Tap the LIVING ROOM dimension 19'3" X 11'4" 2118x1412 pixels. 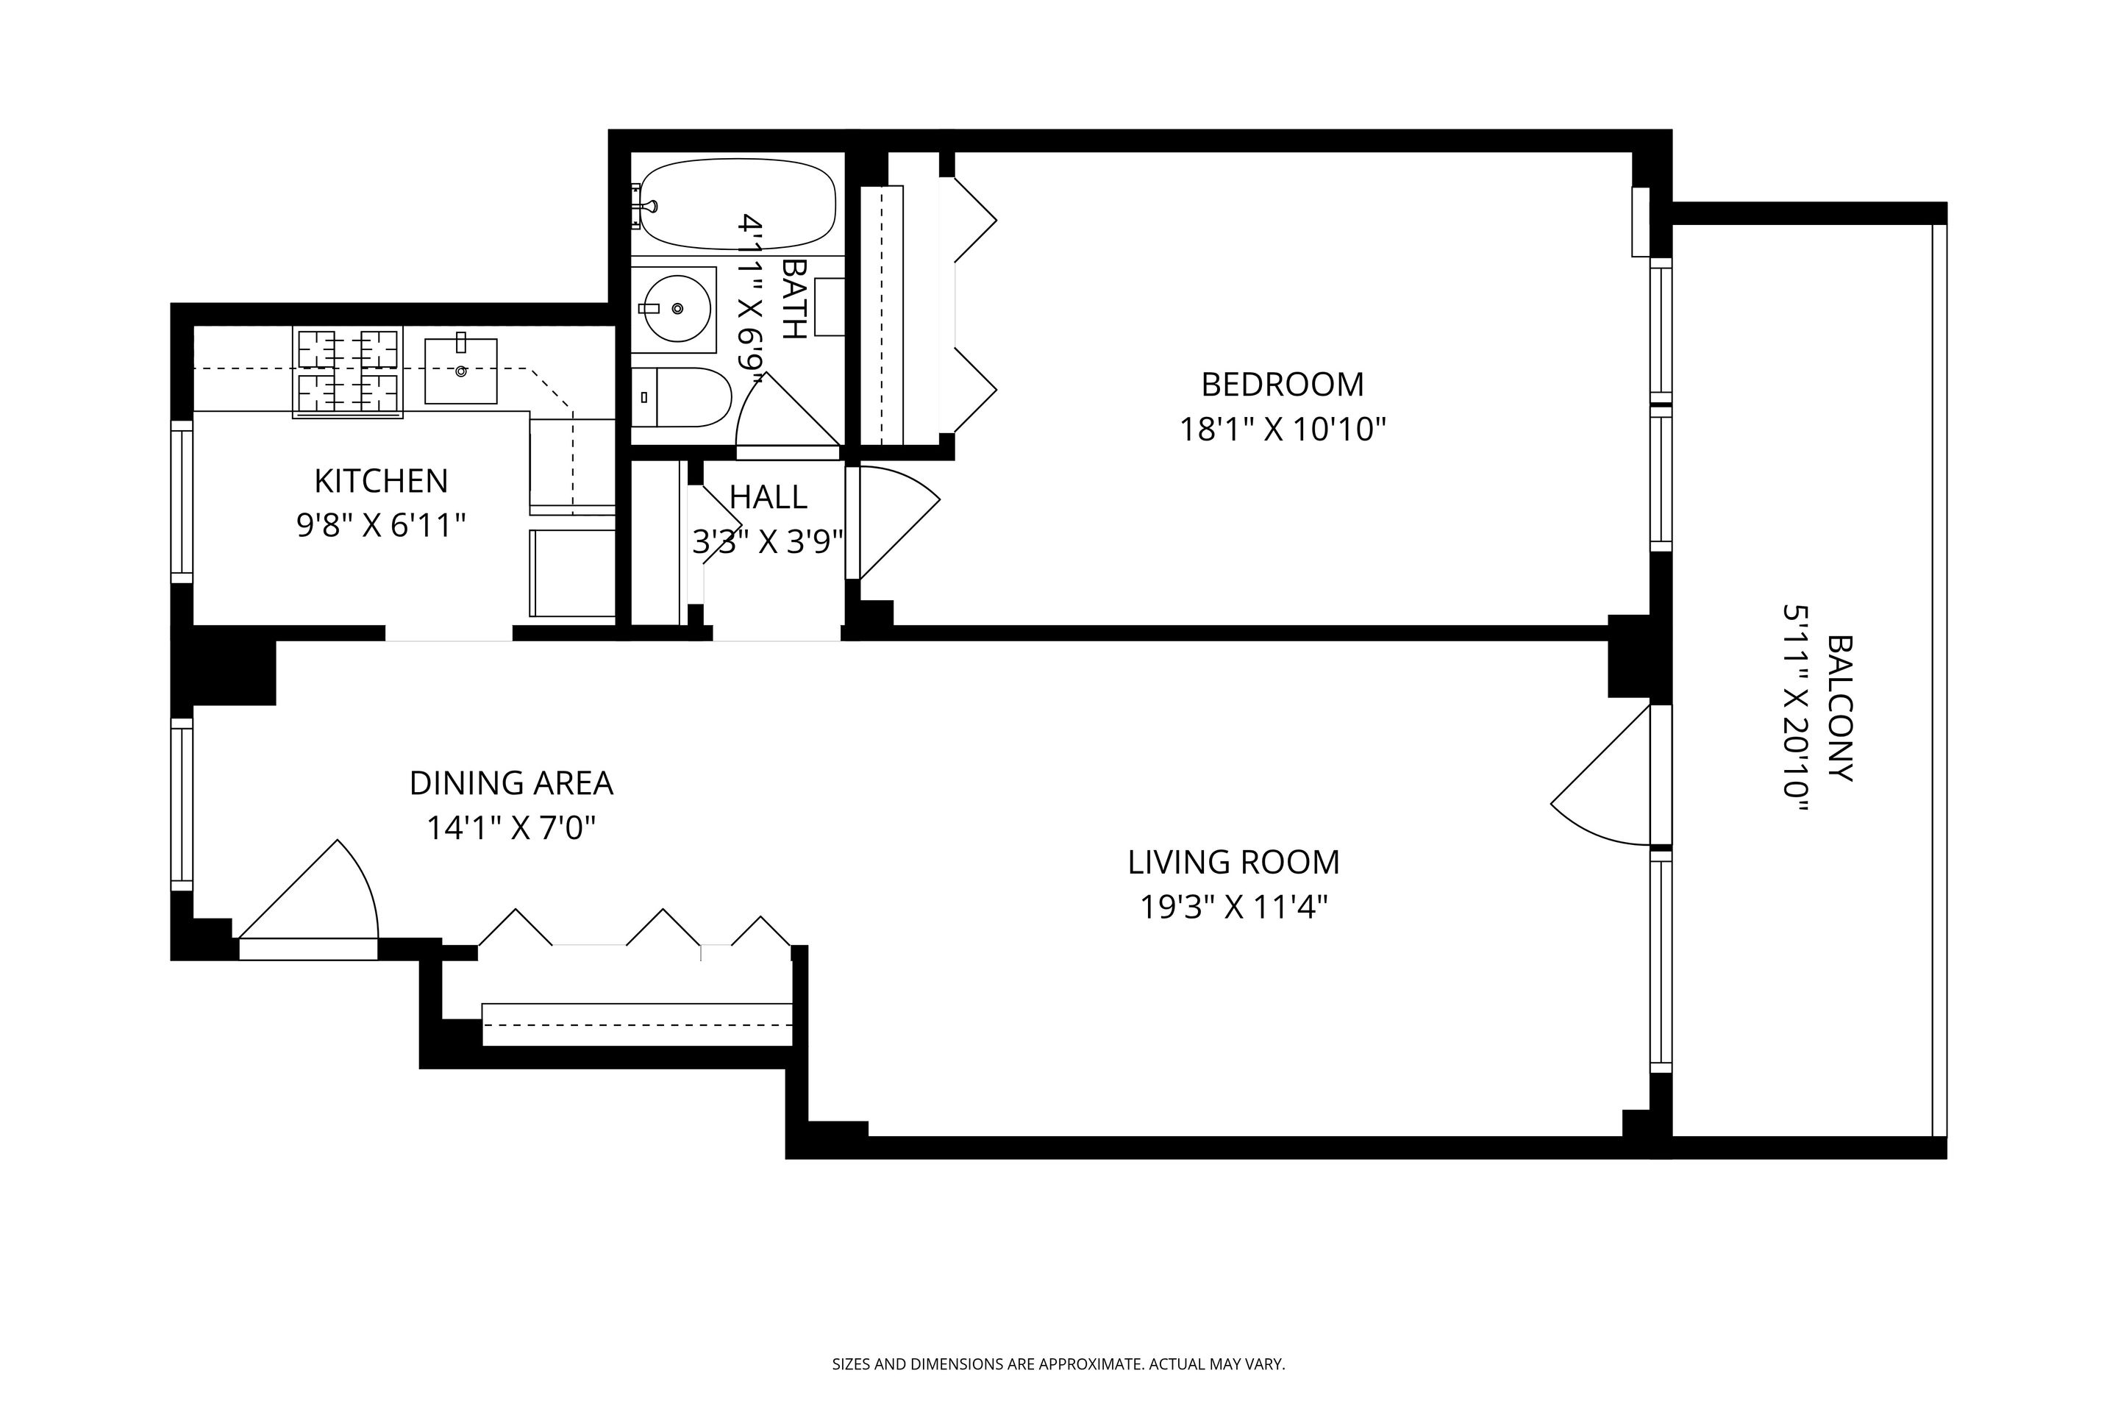1234,907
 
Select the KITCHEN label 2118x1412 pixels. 380,481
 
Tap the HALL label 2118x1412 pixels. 767,497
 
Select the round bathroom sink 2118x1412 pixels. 673,309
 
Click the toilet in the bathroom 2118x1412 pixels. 682,397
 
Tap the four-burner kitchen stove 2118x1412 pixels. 348,373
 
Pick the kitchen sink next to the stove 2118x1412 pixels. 460,370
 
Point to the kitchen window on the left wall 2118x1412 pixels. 182,502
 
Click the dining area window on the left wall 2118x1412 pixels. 182,804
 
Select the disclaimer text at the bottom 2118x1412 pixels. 1058,1364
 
